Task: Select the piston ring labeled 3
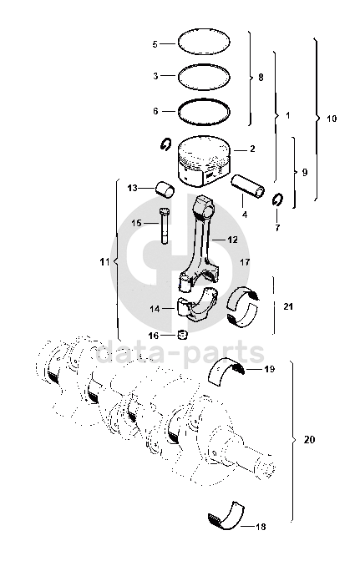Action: point(204,65)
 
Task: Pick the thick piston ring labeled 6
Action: point(204,99)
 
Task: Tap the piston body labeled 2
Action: point(205,160)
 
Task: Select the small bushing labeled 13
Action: point(165,190)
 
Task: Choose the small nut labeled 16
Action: point(183,335)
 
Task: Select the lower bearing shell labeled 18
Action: point(226,517)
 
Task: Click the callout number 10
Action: point(332,119)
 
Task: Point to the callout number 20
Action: point(309,440)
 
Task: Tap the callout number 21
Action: point(288,307)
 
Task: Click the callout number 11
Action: point(104,261)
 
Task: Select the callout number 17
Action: point(245,261)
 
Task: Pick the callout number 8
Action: point(261,78)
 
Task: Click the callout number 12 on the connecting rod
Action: point(232,240)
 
